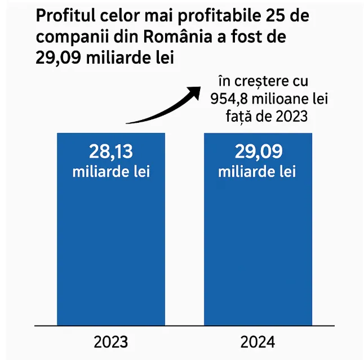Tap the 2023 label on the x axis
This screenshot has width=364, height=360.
tap(111, 342)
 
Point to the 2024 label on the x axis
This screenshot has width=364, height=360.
tap(257, 342)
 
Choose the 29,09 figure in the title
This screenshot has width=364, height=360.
tap(58, 58)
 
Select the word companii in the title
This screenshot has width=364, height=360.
tap(69, 37)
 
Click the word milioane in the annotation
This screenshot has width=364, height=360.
tap(278, 100)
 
